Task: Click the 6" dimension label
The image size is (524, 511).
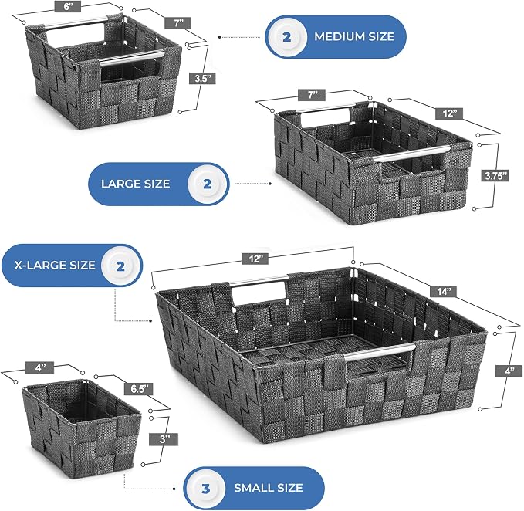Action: click(x=67, y=7)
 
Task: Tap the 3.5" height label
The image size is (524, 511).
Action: click(x=203, y=79)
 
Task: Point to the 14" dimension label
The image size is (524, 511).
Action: click(x=444, y=292)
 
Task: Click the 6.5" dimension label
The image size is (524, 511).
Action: click(x=139, y=389)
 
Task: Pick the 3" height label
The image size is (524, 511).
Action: click(x=164, y=439)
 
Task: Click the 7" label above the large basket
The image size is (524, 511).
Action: click(x=312, y=95)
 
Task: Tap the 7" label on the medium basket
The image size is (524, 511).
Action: click(x=178, y=23)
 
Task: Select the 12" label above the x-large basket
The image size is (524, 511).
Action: click(x=255, y=259)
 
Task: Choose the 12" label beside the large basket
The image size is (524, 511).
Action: click(x=449, y=113)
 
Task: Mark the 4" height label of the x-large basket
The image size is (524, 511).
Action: click(x=509, y=371)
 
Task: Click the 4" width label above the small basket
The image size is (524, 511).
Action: click(x=40, y=368)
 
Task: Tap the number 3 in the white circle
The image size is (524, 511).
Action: click(x=205, y=489)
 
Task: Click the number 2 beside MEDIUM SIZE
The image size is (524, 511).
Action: click(x=286, y=37)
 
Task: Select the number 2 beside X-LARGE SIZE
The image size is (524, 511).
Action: click(x=120, y=266)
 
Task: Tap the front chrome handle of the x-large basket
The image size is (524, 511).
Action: click(x=380, y=352)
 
